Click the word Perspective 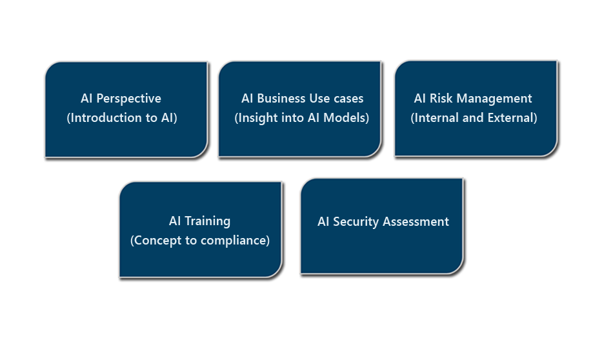(128, 99)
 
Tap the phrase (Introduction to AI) (122, 118)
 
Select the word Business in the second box (281, 99)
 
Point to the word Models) (346, 118)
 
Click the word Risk (441, 99)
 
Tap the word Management (494, 99)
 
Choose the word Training (207, 222)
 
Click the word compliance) (235, 241)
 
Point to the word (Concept (156, 241)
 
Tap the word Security (356, 222)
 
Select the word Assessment (416, 222)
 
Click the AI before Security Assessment (323, 222)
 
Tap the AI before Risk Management (420, 99)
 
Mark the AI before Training (175, 221)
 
